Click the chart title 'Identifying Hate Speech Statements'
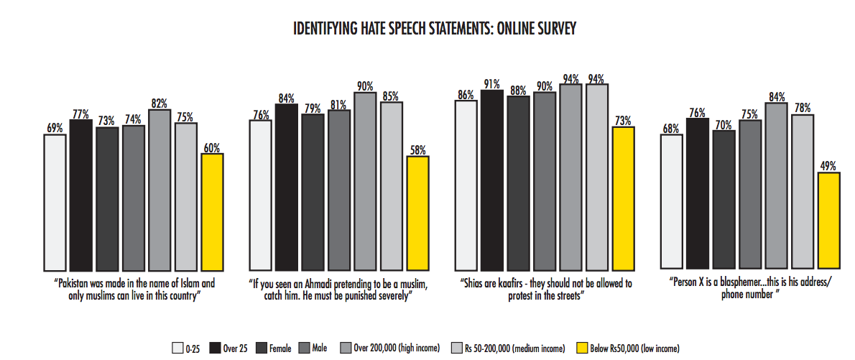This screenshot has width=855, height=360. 434,29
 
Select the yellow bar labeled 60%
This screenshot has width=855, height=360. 212,211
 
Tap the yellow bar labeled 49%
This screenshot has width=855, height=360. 828,220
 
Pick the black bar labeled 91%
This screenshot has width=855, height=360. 492,180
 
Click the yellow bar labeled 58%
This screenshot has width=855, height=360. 417,212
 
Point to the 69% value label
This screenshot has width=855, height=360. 55,127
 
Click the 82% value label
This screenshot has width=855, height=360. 160,103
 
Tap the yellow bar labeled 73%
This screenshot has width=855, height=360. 623,198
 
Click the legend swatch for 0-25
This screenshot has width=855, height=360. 177,349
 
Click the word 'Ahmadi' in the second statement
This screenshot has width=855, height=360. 329,284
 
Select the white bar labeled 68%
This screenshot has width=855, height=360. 671,200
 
